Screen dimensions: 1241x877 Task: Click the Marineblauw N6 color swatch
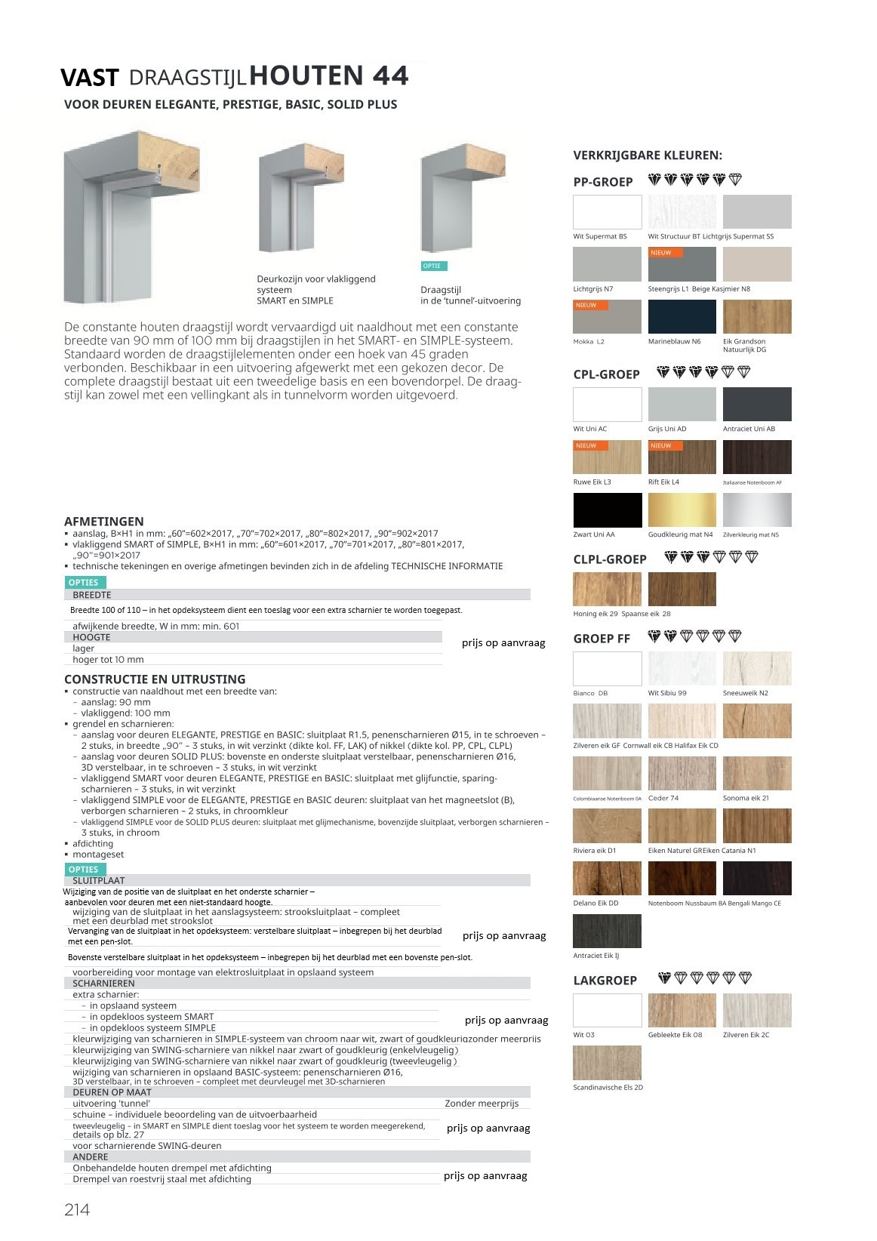[x=682, y=316]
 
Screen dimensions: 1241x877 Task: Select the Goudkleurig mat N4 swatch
[x=682, y=510]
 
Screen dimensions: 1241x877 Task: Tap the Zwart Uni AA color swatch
[x=607, y=510]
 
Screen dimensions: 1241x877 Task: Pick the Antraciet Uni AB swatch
[x=757, y=404]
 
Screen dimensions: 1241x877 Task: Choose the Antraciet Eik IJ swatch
[x=607, y=931]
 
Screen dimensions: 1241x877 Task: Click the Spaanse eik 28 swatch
[x=682, y=589]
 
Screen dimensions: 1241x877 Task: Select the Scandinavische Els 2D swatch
[x=607, y=1063]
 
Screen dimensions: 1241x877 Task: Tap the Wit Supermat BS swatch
[x=607, y=211]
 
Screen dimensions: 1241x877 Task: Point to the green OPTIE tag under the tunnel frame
[x=433, y=266]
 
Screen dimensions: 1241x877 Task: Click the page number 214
[x=77, y=1209]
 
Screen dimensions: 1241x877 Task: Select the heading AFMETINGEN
[x=103, y=522]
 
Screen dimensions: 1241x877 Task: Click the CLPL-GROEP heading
[x=610, y=559]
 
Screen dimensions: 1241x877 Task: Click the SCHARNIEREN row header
[x=103, y=984]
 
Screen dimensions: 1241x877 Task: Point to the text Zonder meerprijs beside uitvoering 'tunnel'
[x=482, y=1104]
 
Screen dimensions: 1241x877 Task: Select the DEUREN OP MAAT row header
[x=112, y=1092]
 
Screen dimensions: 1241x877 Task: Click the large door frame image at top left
[x=131, y=217]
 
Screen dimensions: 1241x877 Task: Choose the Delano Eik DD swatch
[x=607, y=878]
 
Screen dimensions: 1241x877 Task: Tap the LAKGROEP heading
[x=605, y=981]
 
